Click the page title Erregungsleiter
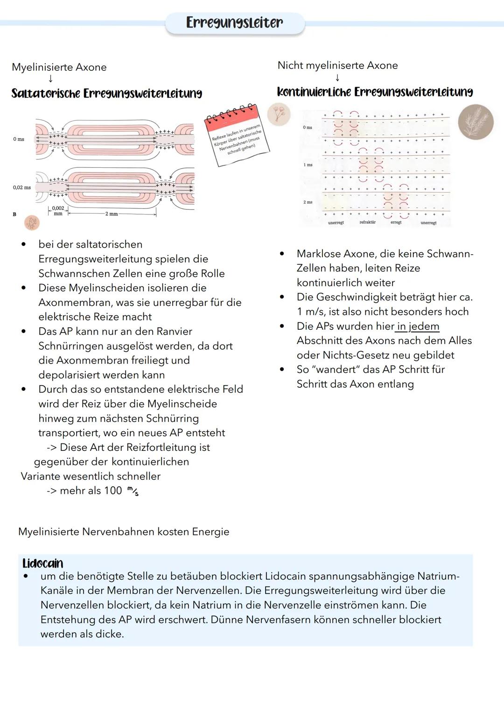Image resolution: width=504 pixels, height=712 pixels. tap(234, 22)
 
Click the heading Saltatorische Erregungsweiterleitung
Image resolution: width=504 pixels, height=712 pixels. tap(107, 93)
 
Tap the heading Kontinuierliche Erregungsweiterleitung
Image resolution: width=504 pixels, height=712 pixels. tap(375, 92)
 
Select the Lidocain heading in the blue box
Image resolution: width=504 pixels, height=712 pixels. tap(43, 563)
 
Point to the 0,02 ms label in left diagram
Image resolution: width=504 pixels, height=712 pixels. tap(22, 187)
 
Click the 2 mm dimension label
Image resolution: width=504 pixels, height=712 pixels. tap(112, 214)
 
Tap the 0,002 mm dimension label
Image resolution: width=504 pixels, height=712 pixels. tap(58, 211)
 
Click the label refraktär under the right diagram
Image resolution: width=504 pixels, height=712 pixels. tap(367, 222)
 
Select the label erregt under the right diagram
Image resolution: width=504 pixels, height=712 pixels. tap(396, 222)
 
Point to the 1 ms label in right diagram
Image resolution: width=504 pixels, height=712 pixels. tap(308, 165)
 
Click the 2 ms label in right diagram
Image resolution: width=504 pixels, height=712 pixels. tap(308, 202)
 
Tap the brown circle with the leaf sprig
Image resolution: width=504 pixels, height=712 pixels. tap(476, 122)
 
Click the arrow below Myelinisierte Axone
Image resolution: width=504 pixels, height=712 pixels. tap(50, 79)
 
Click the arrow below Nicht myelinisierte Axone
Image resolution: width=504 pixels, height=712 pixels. tap(337, 78)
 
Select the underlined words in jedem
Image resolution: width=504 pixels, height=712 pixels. tap(418, 326)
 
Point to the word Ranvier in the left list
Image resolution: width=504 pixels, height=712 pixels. tap(174, 332)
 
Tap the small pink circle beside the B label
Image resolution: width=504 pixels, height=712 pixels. tap(32, 223)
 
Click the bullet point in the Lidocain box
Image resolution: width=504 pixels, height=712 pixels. tap(26, 576)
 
